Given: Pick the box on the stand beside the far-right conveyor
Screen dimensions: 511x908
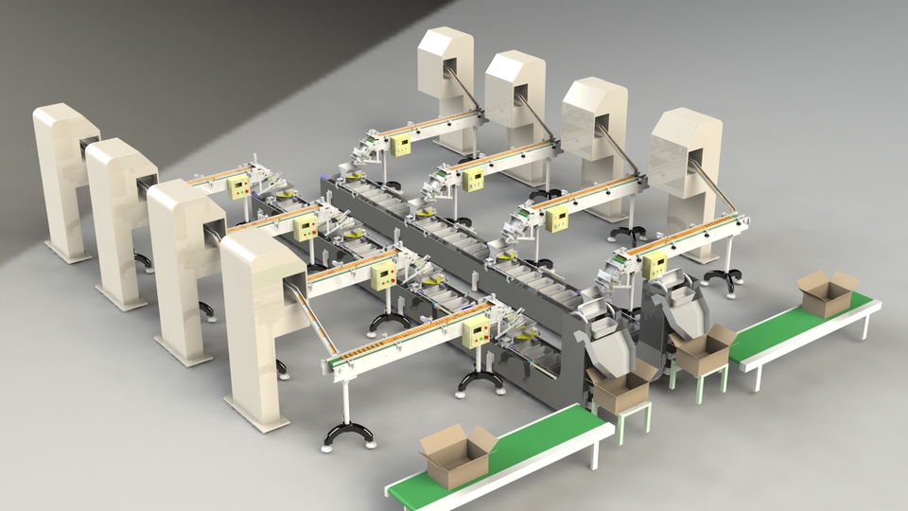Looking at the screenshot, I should pyautogui.click(x=703, y=349).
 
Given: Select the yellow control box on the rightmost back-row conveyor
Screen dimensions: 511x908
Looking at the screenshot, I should pyautogui.click(x=655, y=265).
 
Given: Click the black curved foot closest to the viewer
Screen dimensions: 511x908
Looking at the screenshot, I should pyautogui.click(x=347, y=434).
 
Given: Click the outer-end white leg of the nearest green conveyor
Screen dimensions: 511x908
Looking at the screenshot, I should pyautogui.click(x=595, y=453).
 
